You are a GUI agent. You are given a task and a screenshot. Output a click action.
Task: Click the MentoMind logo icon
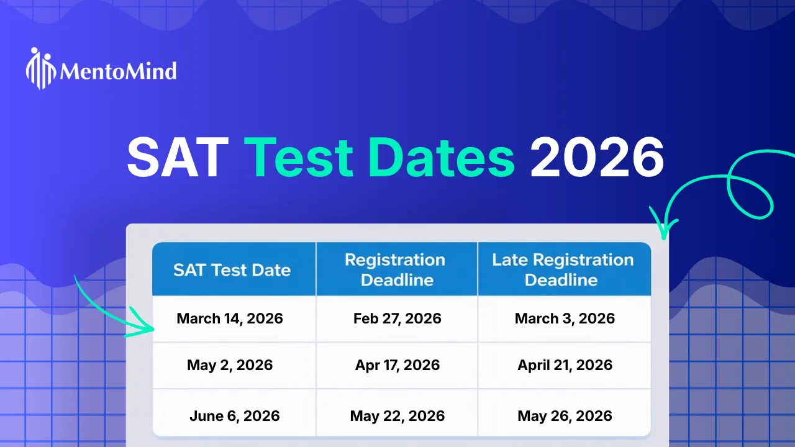pos(41,68)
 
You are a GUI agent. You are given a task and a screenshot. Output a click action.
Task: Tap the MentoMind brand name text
pos(118,71)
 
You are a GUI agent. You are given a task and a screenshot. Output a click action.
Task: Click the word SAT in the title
pos(178,158)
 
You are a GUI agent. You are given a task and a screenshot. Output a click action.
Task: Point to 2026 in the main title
pos(597,158)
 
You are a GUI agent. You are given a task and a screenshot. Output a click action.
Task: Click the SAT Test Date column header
pos(232,270)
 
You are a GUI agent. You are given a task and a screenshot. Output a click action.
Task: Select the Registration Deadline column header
pos(396,269)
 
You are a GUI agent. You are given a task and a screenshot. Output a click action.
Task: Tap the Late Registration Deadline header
pos(562,269)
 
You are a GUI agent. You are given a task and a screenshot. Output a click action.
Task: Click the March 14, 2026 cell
pos(230,318)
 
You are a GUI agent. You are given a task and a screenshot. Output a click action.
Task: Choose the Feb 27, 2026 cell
pos(397,318)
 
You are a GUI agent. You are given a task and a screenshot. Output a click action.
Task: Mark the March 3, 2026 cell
pos(565,318)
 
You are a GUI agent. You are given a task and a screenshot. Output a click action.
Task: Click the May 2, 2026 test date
pos(230,365)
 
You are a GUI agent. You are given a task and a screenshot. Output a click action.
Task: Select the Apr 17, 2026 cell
pos(397,365)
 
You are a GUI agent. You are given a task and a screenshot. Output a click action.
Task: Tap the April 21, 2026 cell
pos(565,365)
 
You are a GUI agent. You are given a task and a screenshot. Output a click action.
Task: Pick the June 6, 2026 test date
pos(234,415)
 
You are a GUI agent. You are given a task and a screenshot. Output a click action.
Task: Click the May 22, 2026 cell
pos(397,415)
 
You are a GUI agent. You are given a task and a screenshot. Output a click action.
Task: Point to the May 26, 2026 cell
pos(565,415)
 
